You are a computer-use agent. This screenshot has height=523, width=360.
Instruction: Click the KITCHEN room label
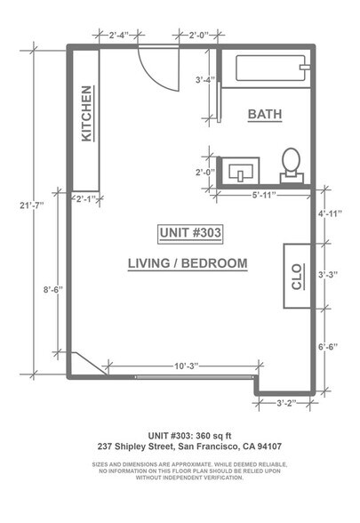pos(86,114)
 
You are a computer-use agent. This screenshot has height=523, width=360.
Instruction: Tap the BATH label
pos(265,114)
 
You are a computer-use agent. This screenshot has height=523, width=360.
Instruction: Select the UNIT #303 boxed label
pos(190,232)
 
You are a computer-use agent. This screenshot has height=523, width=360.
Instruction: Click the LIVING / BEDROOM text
pos(188,263)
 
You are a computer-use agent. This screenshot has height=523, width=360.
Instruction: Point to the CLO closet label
pos(296,277)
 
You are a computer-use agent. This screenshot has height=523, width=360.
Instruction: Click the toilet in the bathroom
pos(292,165)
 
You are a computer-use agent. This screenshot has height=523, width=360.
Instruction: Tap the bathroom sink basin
pos(241,172)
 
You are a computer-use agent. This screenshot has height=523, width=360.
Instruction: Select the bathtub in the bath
pos(271,68)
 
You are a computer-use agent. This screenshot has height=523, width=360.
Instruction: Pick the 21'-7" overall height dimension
pos(32,205)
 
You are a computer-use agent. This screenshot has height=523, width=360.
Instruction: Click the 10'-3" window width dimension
pos(187,366)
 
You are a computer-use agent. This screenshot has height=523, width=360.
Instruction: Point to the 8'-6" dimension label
pos(53,290)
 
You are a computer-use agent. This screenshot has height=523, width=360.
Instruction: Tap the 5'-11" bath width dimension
pos(264,195)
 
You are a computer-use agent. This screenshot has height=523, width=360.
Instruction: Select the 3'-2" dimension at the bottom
pos(286,403)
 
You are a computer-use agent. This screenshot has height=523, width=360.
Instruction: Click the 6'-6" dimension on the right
pos(328,347)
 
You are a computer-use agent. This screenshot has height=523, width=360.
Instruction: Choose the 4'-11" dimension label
pos(330,213)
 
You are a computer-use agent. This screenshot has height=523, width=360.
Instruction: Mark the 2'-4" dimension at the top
pos(119,35)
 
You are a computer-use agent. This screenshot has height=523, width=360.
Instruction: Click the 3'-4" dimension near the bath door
pos(205,80)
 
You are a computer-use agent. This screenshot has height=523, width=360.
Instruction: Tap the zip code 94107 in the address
pos(269,447)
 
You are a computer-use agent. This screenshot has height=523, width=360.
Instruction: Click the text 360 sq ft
pos(213,436)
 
